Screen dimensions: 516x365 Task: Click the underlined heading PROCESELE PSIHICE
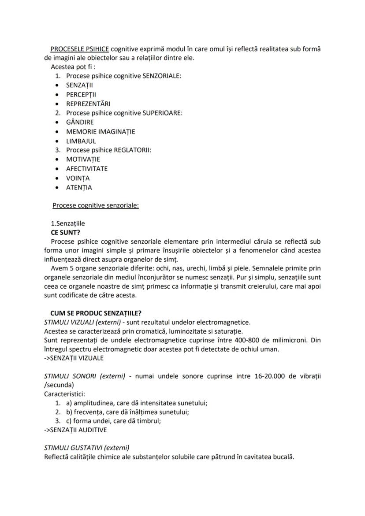pos(80,48)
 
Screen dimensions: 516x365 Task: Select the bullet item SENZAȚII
pos(79,85)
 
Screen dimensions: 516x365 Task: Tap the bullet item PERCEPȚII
pos(81,94)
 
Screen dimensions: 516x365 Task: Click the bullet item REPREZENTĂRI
pos(88,104)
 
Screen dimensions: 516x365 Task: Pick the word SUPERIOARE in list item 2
pos(162,113)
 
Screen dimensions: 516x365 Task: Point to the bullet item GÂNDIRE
pos(80,122)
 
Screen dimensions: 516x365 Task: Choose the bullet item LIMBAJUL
pos(81,141)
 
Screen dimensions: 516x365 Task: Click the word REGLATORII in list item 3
pos(132,150)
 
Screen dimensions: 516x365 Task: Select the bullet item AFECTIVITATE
pos(87,168)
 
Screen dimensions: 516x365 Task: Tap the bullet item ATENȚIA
pos(79,187)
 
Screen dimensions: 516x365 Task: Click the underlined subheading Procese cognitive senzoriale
pos(95,205)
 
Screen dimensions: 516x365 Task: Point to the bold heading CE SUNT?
pos(67,232)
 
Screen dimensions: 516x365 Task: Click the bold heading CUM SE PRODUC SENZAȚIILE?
pos(96,313)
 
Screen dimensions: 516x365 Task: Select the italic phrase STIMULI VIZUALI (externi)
pos(80,322)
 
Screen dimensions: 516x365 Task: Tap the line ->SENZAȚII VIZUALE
pos(74,358)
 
